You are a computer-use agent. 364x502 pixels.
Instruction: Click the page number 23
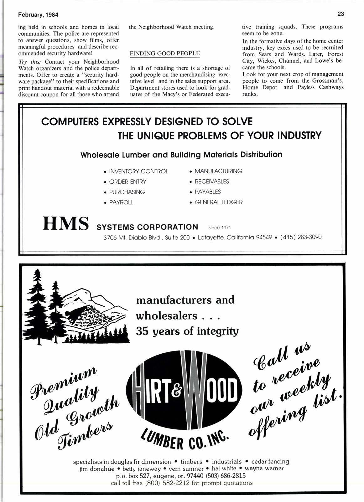pos(341,14)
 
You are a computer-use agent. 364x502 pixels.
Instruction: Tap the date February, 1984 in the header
pos(38,15)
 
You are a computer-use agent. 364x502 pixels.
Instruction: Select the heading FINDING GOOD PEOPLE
pos(165,53)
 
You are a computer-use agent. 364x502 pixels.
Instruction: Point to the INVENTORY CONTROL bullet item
pos(138,172)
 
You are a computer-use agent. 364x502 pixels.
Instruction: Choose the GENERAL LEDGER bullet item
pos(218,202)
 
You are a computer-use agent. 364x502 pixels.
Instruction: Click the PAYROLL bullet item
pos(121,202)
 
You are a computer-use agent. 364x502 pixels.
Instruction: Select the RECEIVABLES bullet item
pos(212,182)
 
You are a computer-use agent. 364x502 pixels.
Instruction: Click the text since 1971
pos(219,228)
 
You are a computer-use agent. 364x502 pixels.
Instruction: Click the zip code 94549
pos(264,238)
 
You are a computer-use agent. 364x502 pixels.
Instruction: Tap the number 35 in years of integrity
pos(142,331)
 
